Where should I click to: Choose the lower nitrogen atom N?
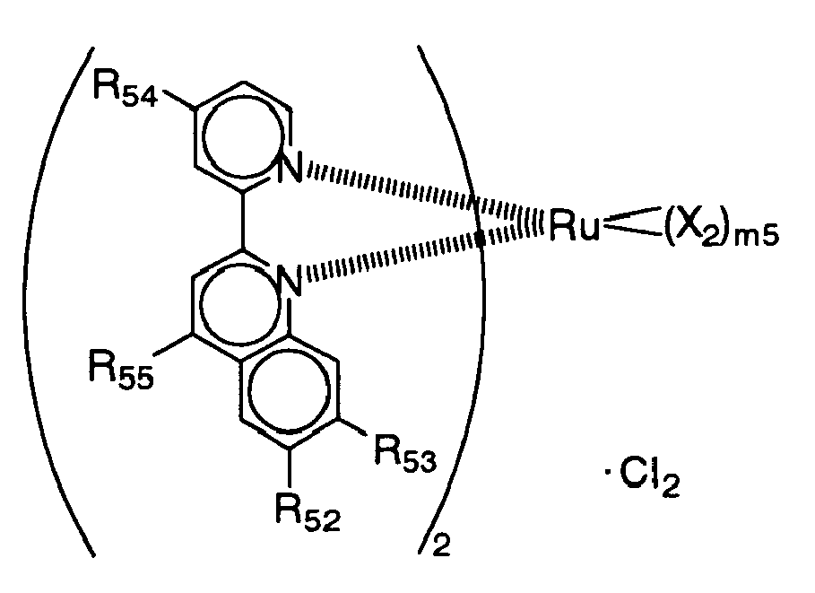coord(288,281)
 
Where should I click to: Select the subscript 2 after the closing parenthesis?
coord(441,546)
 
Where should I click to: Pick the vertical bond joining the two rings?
coord(244,221)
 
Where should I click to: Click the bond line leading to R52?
coord(289,468)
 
